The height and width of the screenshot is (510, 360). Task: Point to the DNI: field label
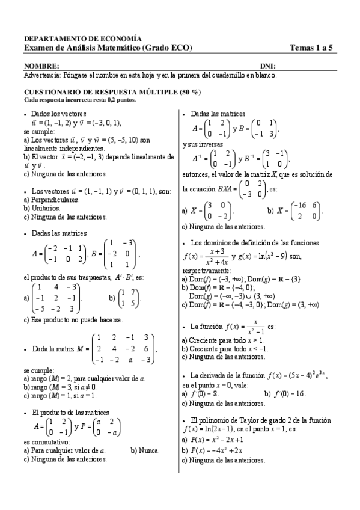[x=268, y=66]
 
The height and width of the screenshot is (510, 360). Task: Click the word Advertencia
[x=41, y=75]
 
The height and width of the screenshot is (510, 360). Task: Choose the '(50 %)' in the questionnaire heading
[x=189, y=92]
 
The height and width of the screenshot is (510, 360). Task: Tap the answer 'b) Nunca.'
[x=145, y=450]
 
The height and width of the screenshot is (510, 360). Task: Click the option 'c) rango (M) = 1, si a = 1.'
[x=65, y=396]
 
